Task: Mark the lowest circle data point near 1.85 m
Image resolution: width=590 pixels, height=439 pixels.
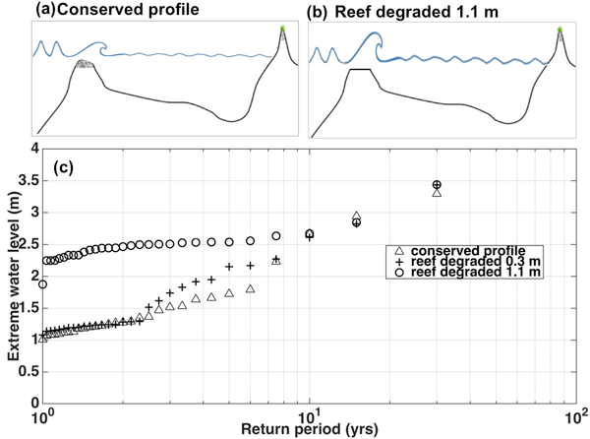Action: [43, 284]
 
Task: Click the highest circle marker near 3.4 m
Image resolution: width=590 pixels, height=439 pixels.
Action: [437, 185]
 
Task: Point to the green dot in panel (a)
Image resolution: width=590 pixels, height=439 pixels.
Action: [281, 30]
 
